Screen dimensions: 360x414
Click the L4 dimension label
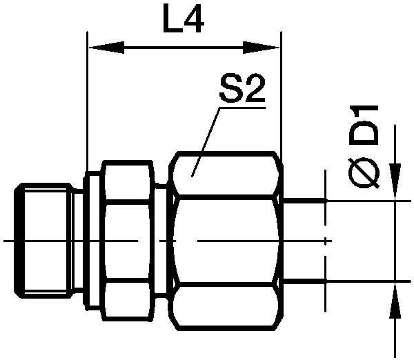183,23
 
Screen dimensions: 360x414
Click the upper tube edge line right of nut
304,200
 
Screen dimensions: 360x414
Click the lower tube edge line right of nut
304,281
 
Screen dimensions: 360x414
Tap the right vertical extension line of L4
282,103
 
